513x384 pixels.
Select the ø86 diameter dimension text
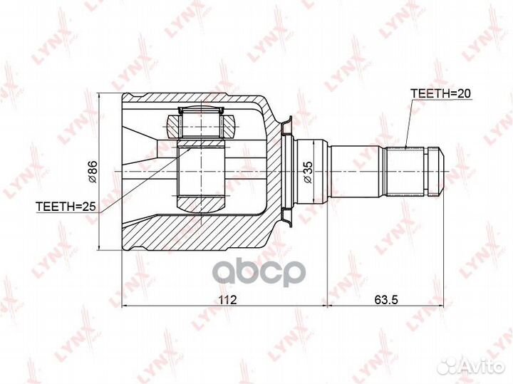pyautogui.click(x=93, y=172)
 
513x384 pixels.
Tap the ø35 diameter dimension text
pyautogui.click(x=308, y=172)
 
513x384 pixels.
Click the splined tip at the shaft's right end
pyautogui.click(x=434, y=172)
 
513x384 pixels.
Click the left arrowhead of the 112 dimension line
pyautogui.click(x=126, y=306)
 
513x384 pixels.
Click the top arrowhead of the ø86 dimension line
pyautogui.click(x=105, y=96)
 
